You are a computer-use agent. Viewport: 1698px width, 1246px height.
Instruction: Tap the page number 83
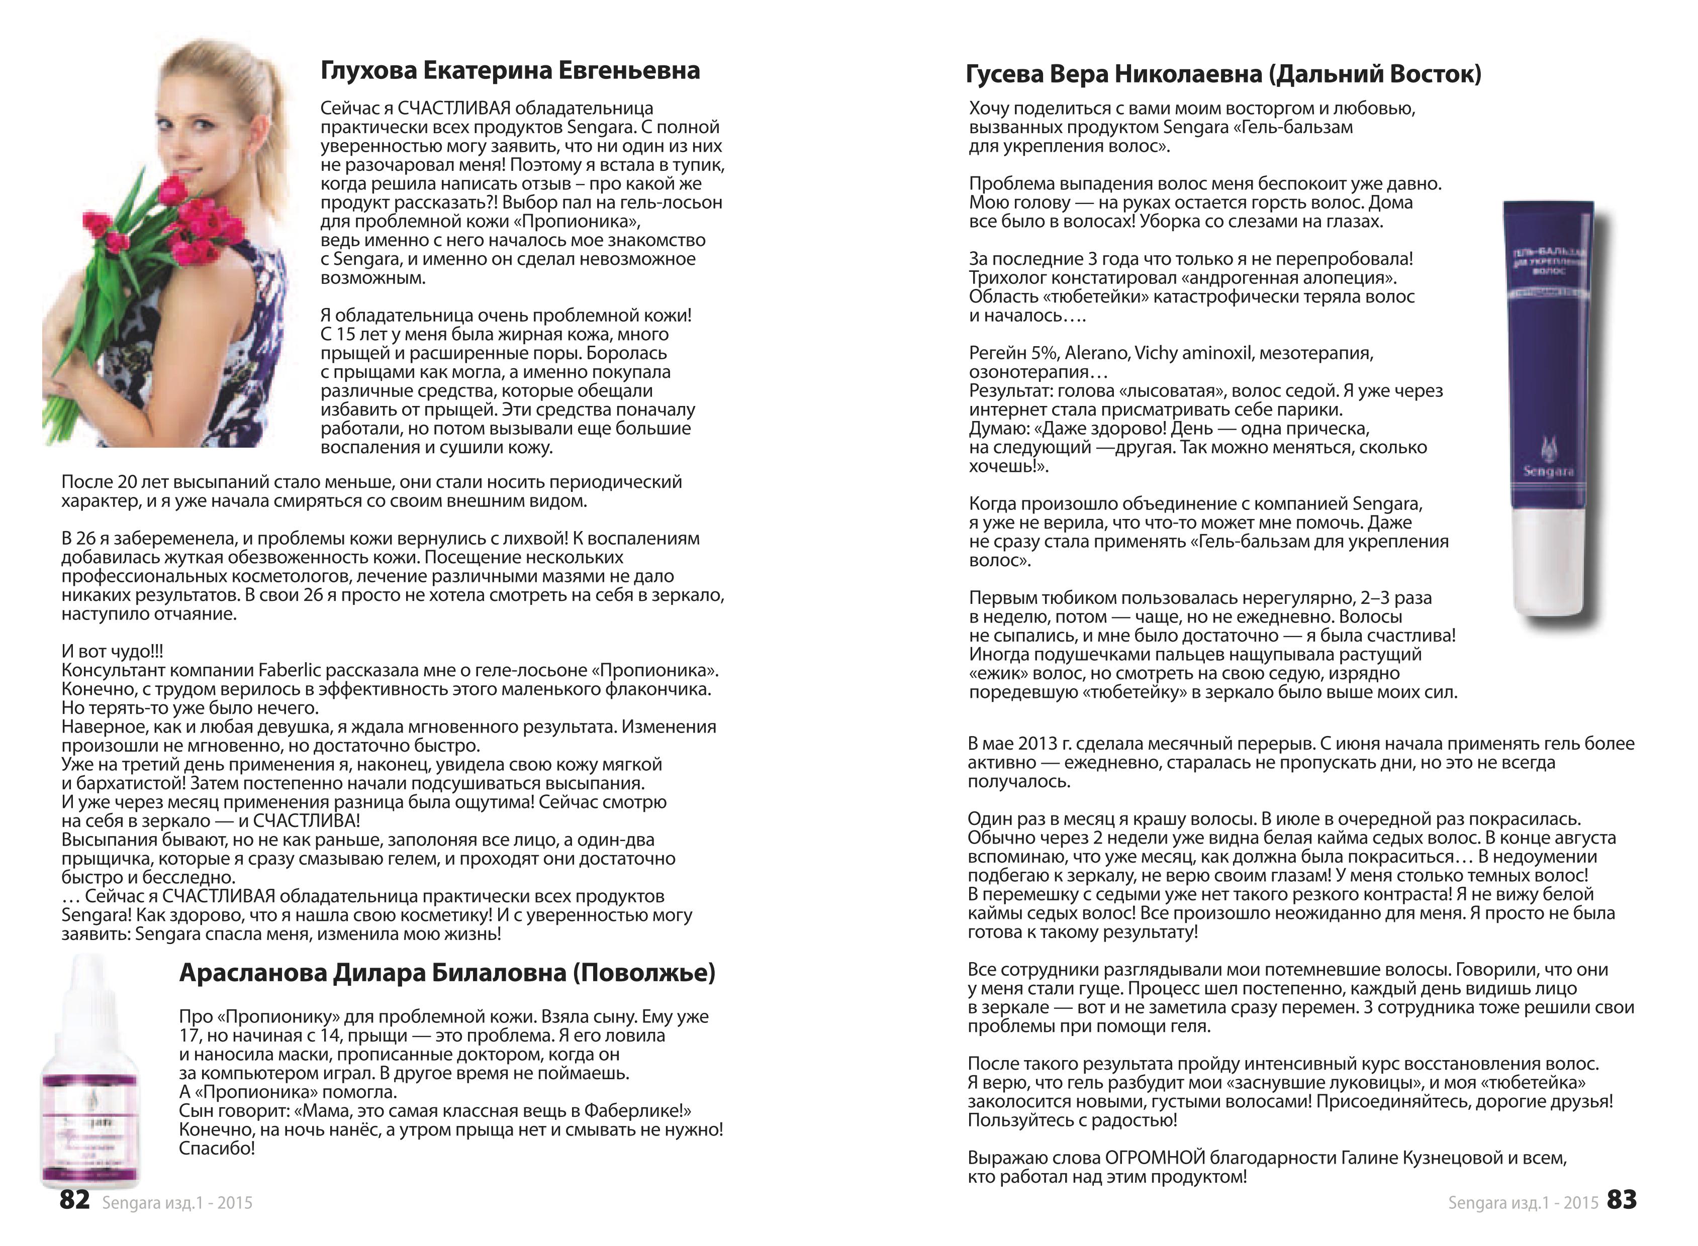pyautogui.click(x=1621, y=1199)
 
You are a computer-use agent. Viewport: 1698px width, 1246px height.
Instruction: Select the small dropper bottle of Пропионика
pyautogui.click(x=89, y=1079)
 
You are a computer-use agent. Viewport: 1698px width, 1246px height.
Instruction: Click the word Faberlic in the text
pyautogui.click(x=289, y=671)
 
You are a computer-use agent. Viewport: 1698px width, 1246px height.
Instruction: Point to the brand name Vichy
pyautogui.click(x=1156, y=353)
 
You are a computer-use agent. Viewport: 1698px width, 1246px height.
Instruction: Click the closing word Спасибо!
pyautogui.click(x=217, y=1149)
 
